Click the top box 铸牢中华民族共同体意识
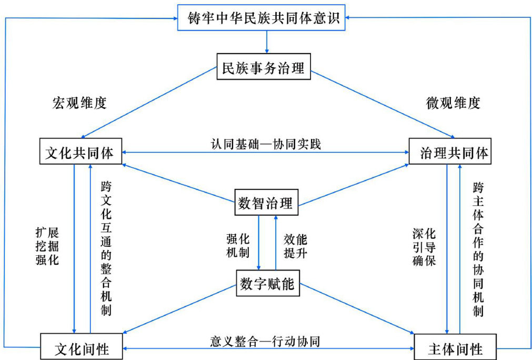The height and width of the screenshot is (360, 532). click(266, 18)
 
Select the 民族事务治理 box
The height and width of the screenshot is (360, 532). click(264, 68)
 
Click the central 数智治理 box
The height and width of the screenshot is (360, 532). click(266, 203)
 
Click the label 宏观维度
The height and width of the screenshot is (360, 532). click(79, 102)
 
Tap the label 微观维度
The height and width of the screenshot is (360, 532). click(453, 102)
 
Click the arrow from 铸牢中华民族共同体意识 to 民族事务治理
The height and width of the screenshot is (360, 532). click(267, 41)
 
